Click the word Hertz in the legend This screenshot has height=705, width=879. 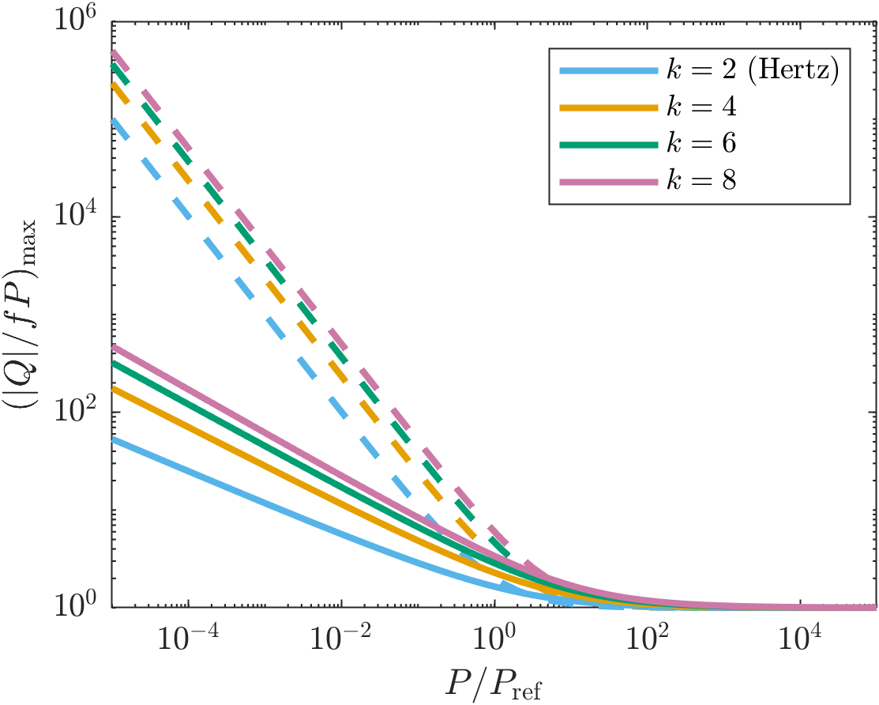click(792, 71)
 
